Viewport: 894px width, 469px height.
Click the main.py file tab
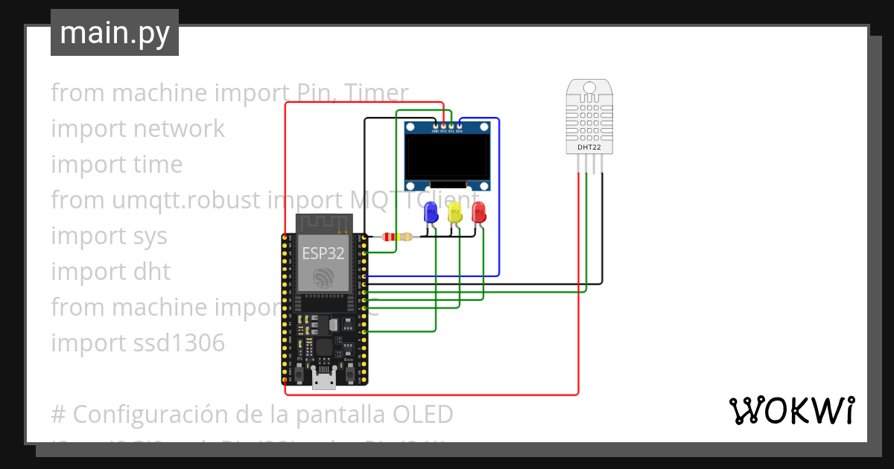pos(114,33)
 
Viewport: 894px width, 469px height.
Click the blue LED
pos(431,214)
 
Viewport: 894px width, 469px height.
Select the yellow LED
pos(454,213)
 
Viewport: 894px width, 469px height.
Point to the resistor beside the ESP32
pos(397,237)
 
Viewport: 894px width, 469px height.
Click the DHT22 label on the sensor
pos(589,147)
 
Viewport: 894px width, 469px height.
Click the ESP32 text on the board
pos(323,253)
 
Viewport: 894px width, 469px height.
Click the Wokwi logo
pos(791,410)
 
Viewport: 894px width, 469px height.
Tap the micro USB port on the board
pos(323,380)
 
